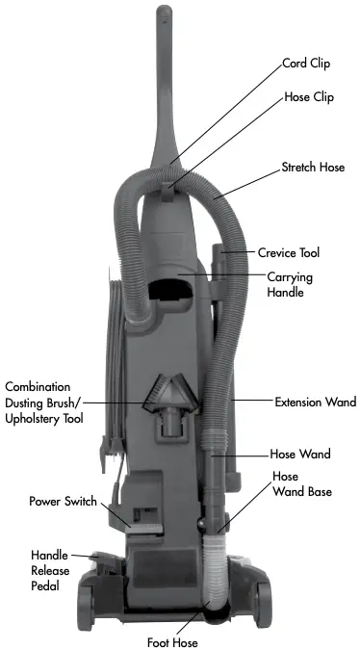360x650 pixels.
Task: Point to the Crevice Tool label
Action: pyautogui.click(x=301, y=253)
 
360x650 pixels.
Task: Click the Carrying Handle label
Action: pyautogui.click(x=293, y=284)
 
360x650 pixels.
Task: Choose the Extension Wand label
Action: pyautogui.click(x=315, y=401)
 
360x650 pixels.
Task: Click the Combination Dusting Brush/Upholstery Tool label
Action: pyautogui.click(x=44, y=402)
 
